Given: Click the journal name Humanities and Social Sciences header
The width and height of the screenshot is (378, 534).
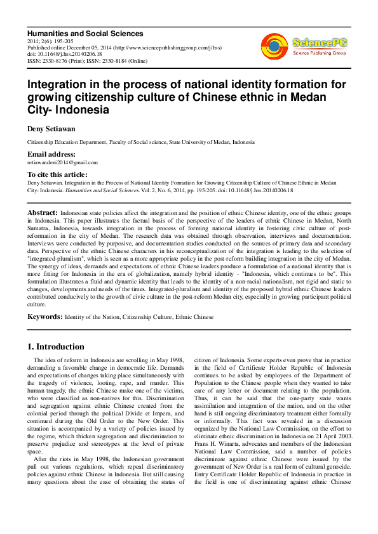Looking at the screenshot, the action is pyautogui.click(x=84, y=34).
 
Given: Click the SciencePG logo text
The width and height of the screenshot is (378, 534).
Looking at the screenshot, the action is pyautogui.click(x=317, y=42).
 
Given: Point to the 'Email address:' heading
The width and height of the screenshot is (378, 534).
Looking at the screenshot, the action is pyautogui.click(x=51, y=155).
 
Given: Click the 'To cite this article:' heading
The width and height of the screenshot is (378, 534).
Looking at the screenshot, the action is pyautogui.click(x=57, y=174).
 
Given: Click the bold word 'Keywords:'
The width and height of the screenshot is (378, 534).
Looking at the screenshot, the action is pyautogui.click(x=44, y=316).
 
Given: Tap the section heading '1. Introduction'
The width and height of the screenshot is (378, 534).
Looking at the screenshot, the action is pyautogui.click(x=56, y=347).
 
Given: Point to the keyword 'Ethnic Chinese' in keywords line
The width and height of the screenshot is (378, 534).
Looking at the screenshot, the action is pyautogui.click(x=192, y=316).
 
